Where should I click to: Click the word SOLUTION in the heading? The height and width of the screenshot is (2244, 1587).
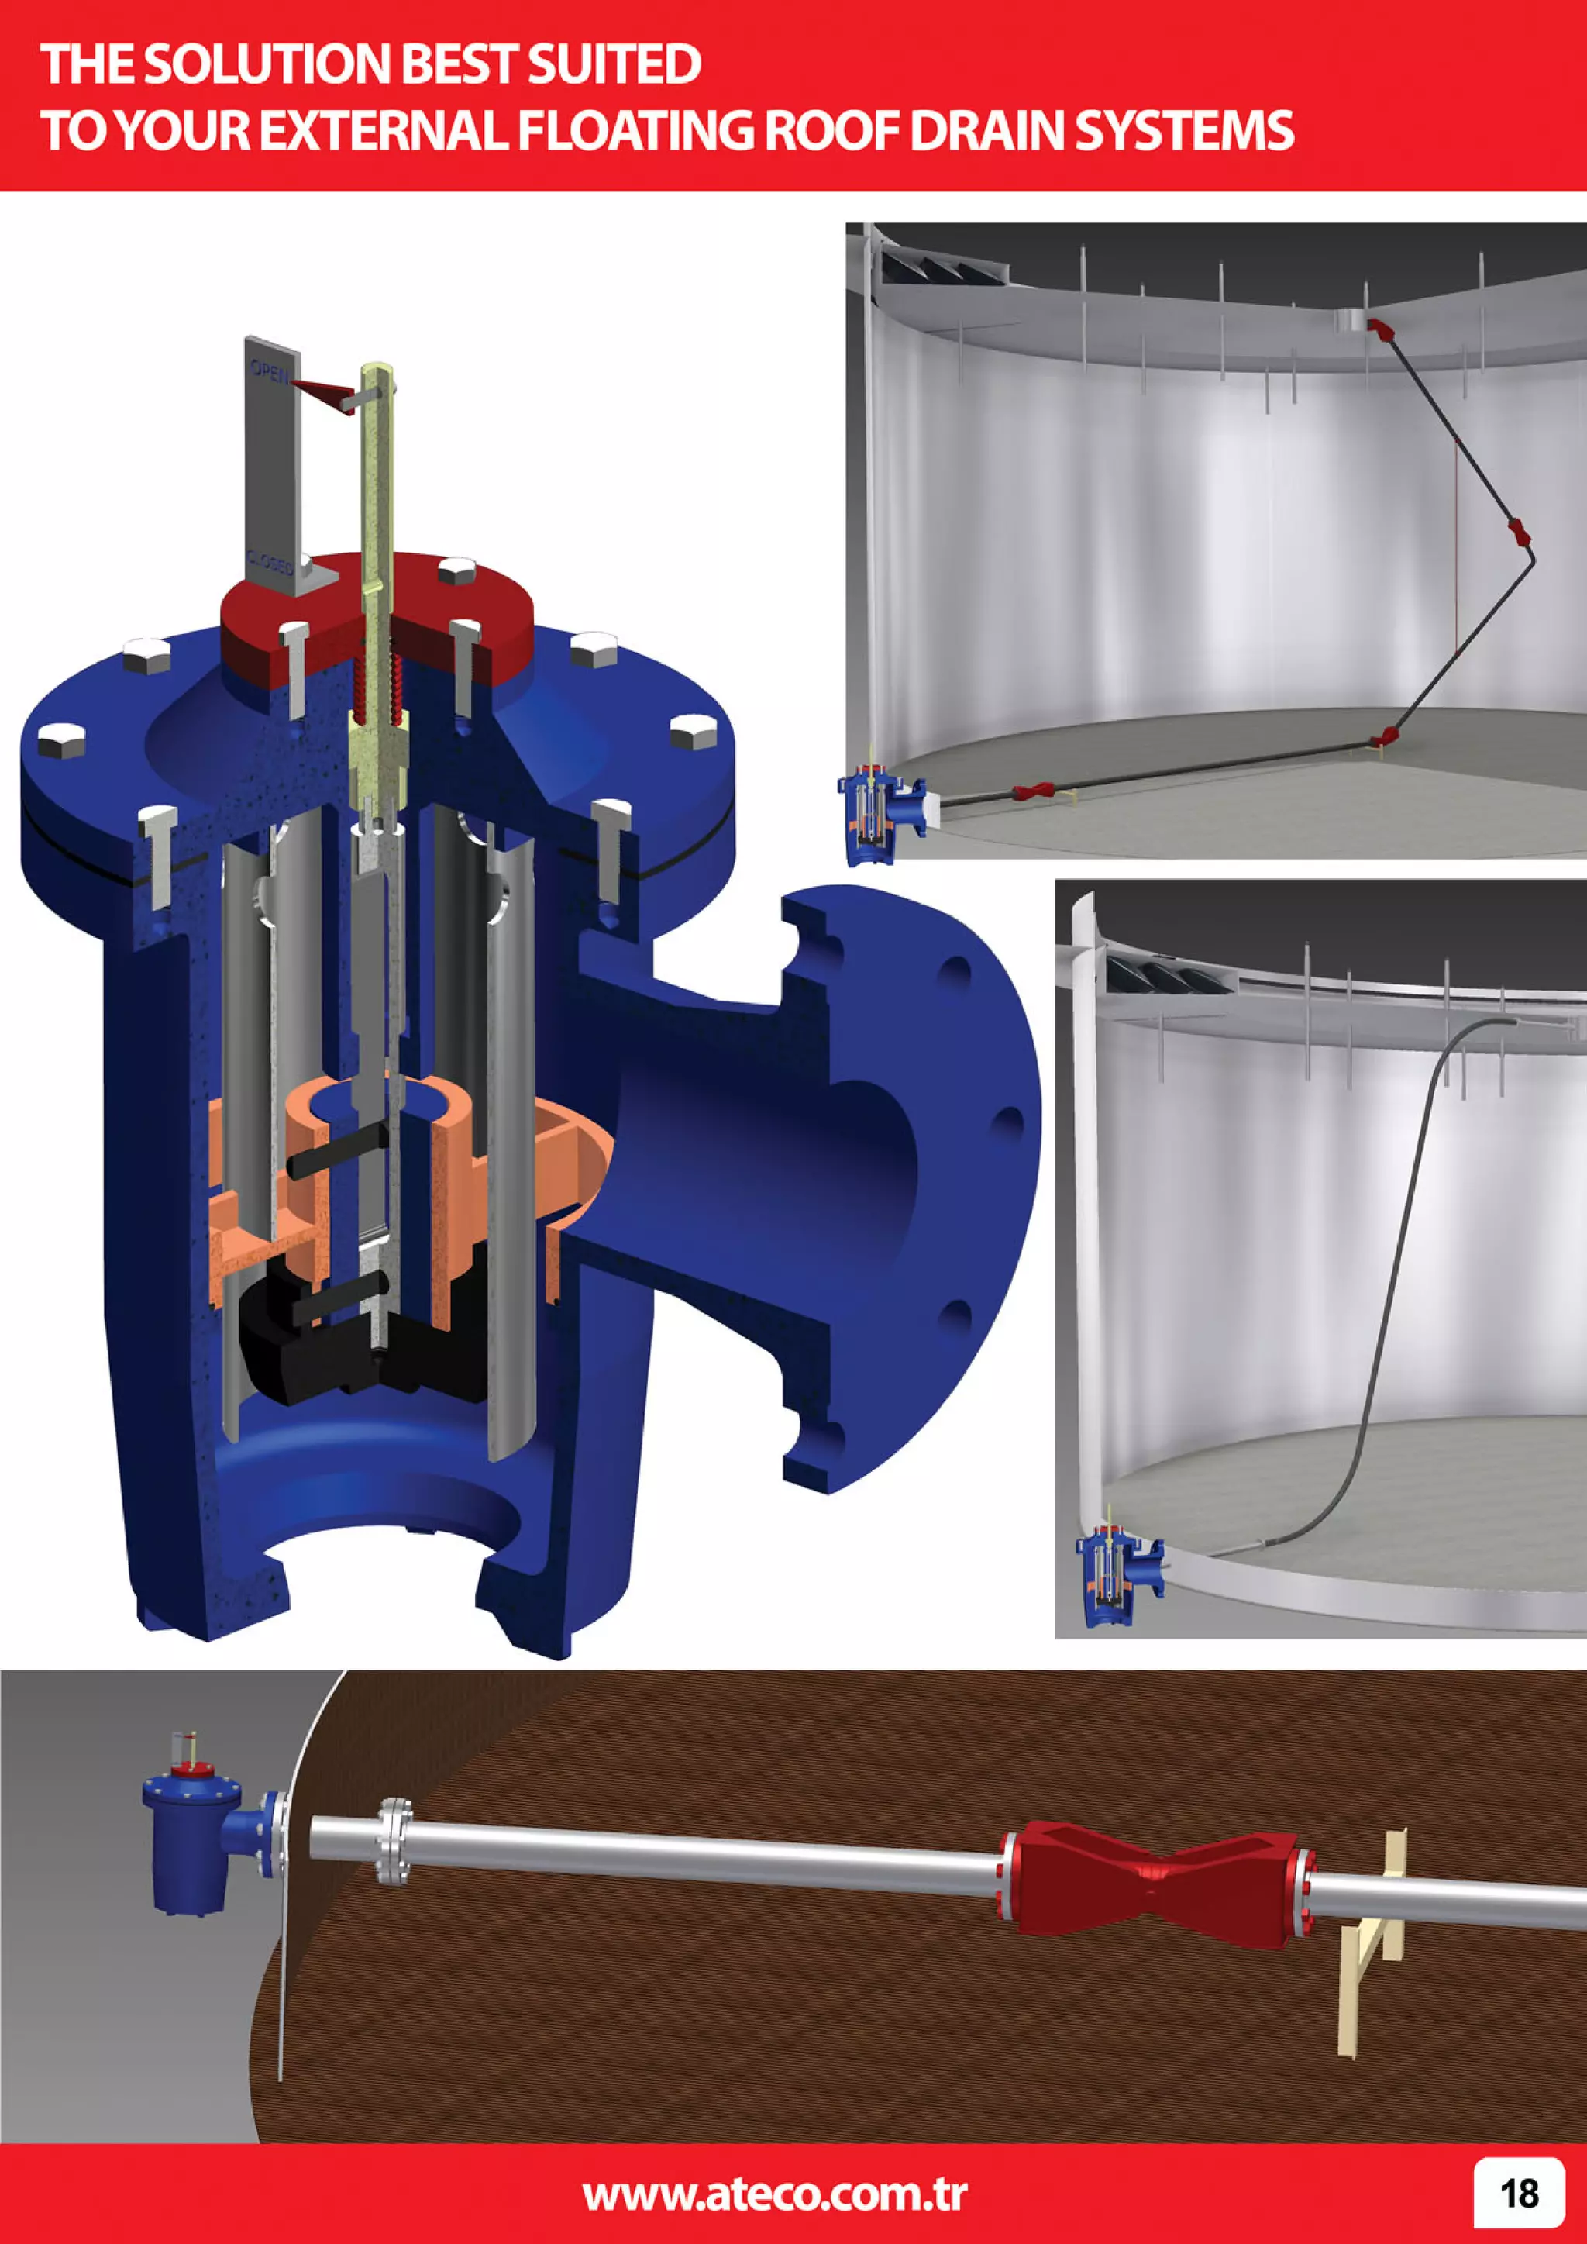click(269, 64)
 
